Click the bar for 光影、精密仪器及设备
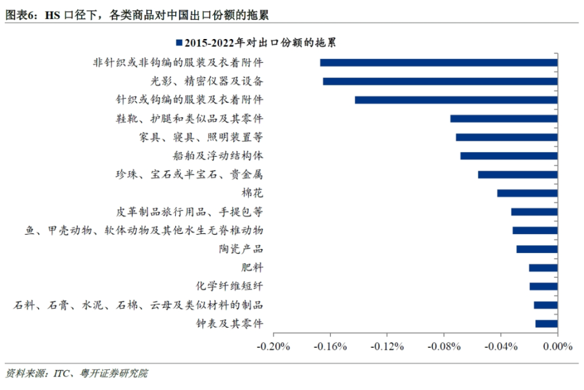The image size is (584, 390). pyautogui.click(x=440, y=81)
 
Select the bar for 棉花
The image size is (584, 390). pyautogui.click(x=527, y=193)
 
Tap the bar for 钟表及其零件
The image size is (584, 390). pyautogui.click(x=546, y=324)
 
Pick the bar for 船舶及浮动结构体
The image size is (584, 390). pyautogui.click(x=509, y=156)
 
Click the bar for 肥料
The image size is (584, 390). pyautogui.click(x=543, y=268)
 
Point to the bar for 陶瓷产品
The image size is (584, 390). pyautogui.click(x=537, y=249)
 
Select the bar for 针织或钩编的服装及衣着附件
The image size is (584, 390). pyautogui.click(x=456, y=100)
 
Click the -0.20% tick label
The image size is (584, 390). pyautogui.click(x=273, y=347)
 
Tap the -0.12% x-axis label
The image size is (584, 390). pyautogui.click(x=387, y=347)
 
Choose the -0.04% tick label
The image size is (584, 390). pyautogui.click(x=501, y=347)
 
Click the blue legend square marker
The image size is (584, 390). pyautogui.click(x=179, y=43)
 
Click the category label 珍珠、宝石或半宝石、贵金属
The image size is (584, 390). pyautogui.click(x=189, y=175)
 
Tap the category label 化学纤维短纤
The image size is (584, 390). pyautogui.click(x=229, y=286)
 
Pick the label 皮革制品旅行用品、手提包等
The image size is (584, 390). pyautogui.click(x=189, y=212)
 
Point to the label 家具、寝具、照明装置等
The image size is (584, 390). pyautogui.click(x=201, y=137)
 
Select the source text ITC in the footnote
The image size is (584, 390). pyautogui.click(x=63, y=373)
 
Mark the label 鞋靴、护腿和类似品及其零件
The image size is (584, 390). pyautogui.click(x=189, y=118)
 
